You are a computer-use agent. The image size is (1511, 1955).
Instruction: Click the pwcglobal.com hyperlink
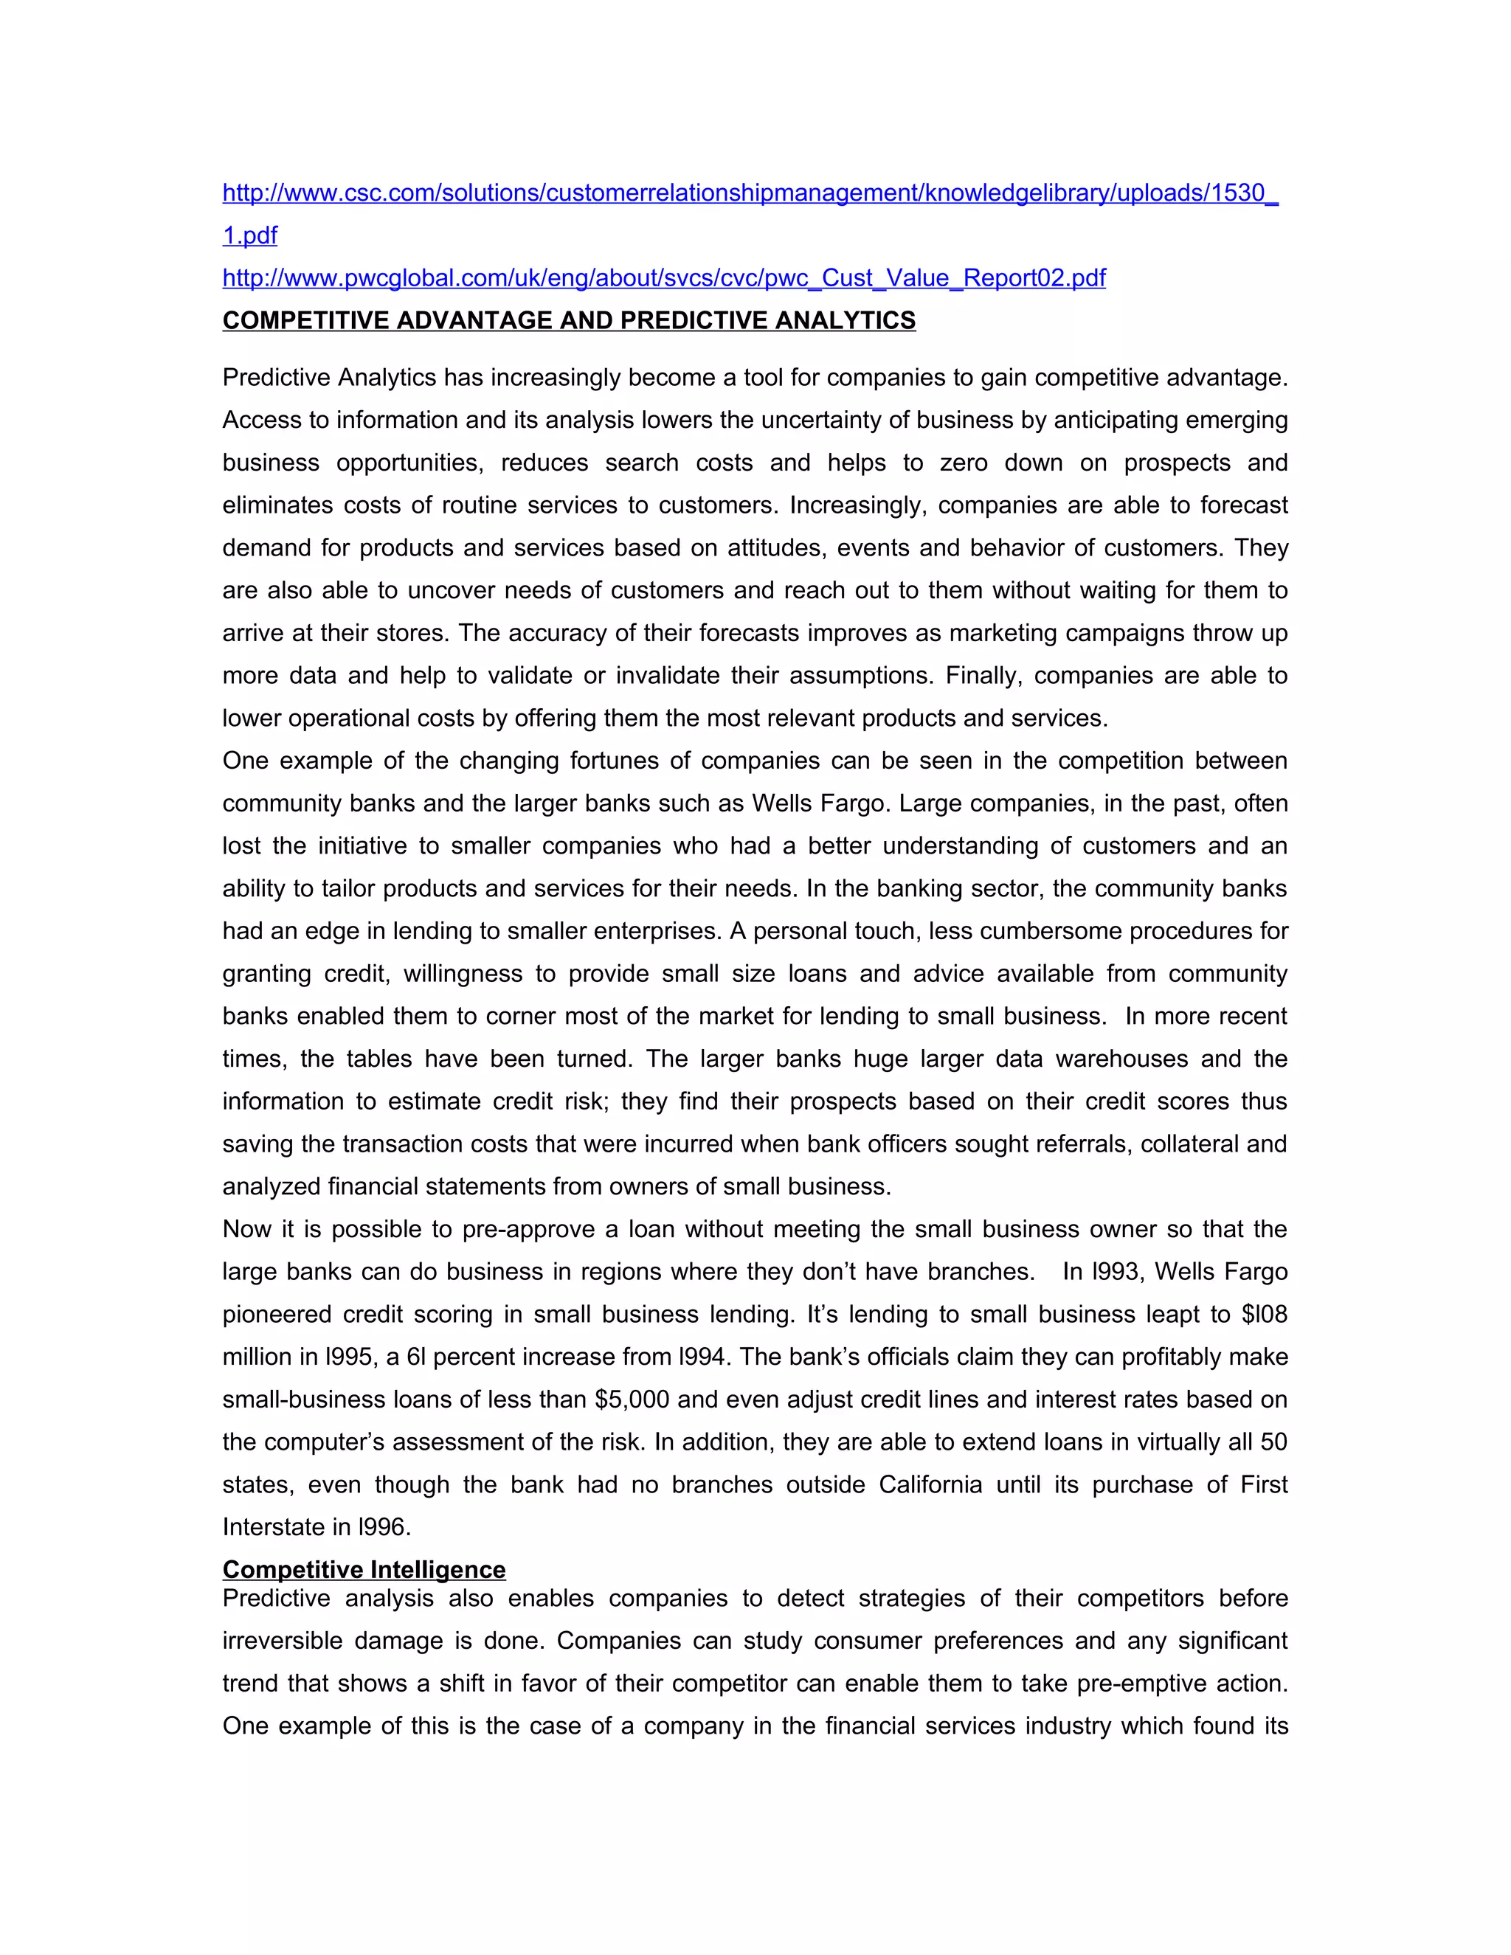tap(663, 278)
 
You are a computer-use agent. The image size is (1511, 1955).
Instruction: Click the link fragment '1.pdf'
tap(250, 235)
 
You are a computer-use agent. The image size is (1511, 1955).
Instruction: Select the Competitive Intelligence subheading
tap(364, 1569)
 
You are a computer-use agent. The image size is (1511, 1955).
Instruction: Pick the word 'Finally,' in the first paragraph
tap(983, 675)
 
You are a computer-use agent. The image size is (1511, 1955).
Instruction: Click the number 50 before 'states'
tap(1273, 1442)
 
